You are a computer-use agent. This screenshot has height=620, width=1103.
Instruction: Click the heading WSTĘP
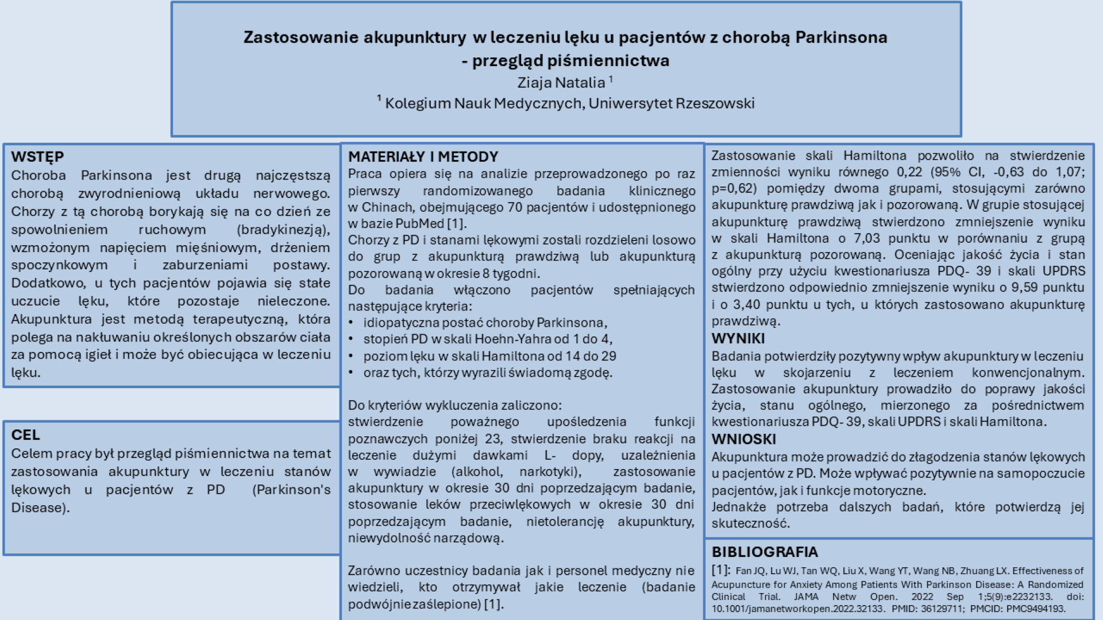coord(37,157)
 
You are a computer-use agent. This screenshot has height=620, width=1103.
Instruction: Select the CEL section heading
coord(25,435)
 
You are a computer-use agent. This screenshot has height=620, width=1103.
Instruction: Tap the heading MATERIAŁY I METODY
coord(423,157)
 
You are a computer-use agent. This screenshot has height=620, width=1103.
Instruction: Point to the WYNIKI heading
coord(738,339)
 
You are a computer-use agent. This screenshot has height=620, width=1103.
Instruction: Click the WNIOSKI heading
coord(743,439)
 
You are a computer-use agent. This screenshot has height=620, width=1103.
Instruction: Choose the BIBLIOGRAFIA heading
coord(765,552)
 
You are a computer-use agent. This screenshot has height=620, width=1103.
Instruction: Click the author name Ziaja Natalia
coord(561,83)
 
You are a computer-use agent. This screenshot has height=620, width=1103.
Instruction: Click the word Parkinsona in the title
coord(841,37)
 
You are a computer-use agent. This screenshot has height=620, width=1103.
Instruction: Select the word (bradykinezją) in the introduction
coord(283,230)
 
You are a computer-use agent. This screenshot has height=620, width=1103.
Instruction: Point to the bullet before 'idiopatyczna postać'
coord(351,323)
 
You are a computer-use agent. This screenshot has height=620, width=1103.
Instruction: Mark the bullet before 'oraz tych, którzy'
coord(351,373)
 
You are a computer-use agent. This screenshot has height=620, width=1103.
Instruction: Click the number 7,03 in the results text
coord(867,238)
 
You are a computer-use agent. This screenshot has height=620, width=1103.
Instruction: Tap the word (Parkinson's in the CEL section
coord(291,490)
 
